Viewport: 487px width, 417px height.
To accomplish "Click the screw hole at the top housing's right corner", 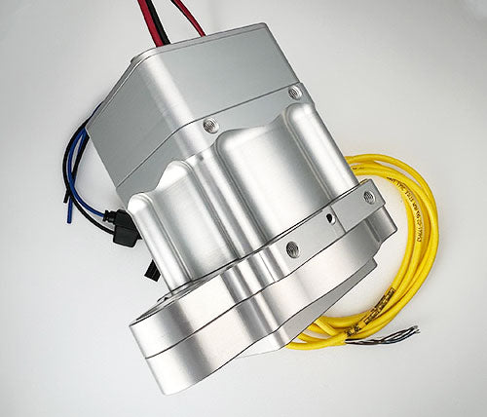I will coord(294,93).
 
